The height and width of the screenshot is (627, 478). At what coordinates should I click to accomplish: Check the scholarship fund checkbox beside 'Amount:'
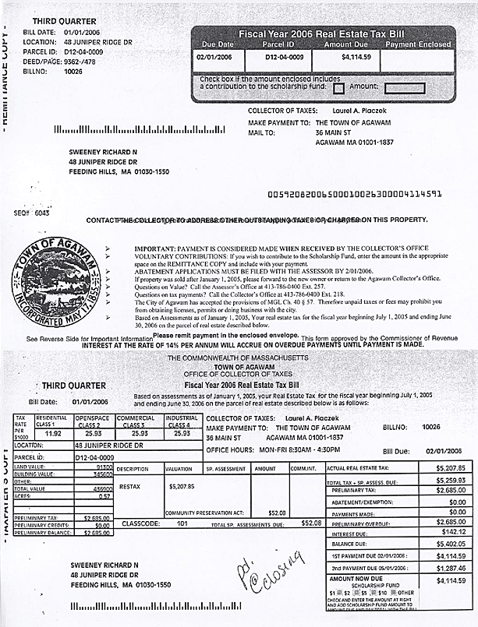pos(338,88)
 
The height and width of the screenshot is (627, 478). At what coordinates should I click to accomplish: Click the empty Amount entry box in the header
pos(405,88)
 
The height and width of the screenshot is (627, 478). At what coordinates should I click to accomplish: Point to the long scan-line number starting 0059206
pos(354,193)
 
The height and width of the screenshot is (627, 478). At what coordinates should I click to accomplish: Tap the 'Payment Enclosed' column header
pos(418,44)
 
